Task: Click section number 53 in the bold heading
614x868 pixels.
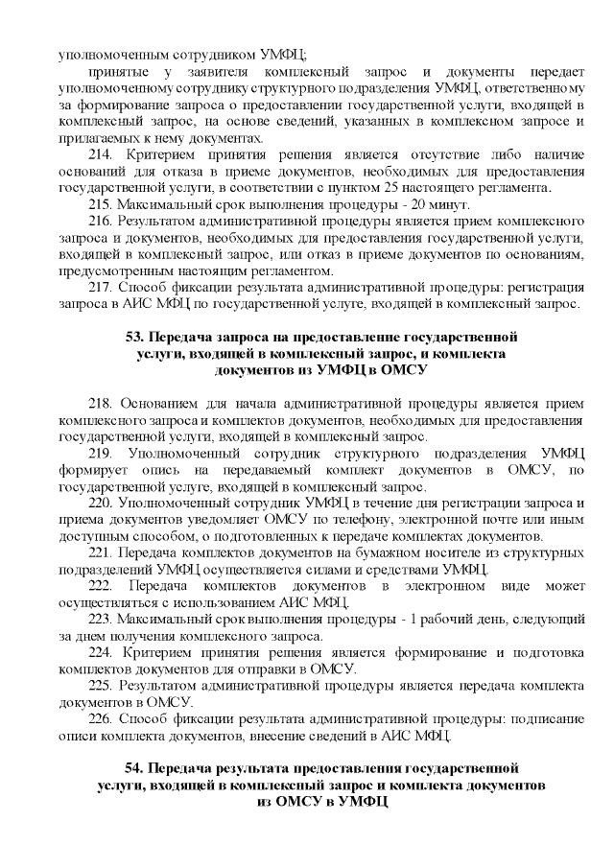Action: point(136,338)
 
